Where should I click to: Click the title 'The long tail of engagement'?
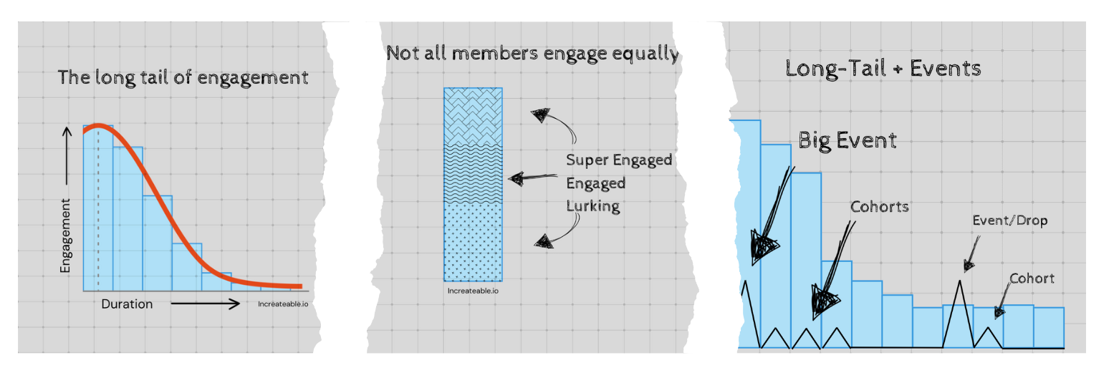tap(183, 77)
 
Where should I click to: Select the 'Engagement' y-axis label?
tap(66, 236)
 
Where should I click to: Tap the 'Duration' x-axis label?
tap(127, 304)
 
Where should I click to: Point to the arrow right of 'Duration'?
tap(205, 304)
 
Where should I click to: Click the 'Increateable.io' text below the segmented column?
tap(472, 291)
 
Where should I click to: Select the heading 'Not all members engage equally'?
tap(532, 53)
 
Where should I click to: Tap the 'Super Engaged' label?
tap(619, 160)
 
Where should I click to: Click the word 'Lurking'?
tap(592, 206)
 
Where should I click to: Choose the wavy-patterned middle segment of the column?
tap(473, 173)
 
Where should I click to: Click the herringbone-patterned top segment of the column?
tap(473, 116)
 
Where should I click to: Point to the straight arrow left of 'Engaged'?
tap(532, 178)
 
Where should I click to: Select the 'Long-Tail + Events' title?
tap(883, 69)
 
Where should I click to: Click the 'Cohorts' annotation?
tap(879, 207)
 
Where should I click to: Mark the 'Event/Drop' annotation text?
tap(1009, 220)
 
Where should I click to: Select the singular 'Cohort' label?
tap(1032, 278)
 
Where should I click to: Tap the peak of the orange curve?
tap(100, 126)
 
